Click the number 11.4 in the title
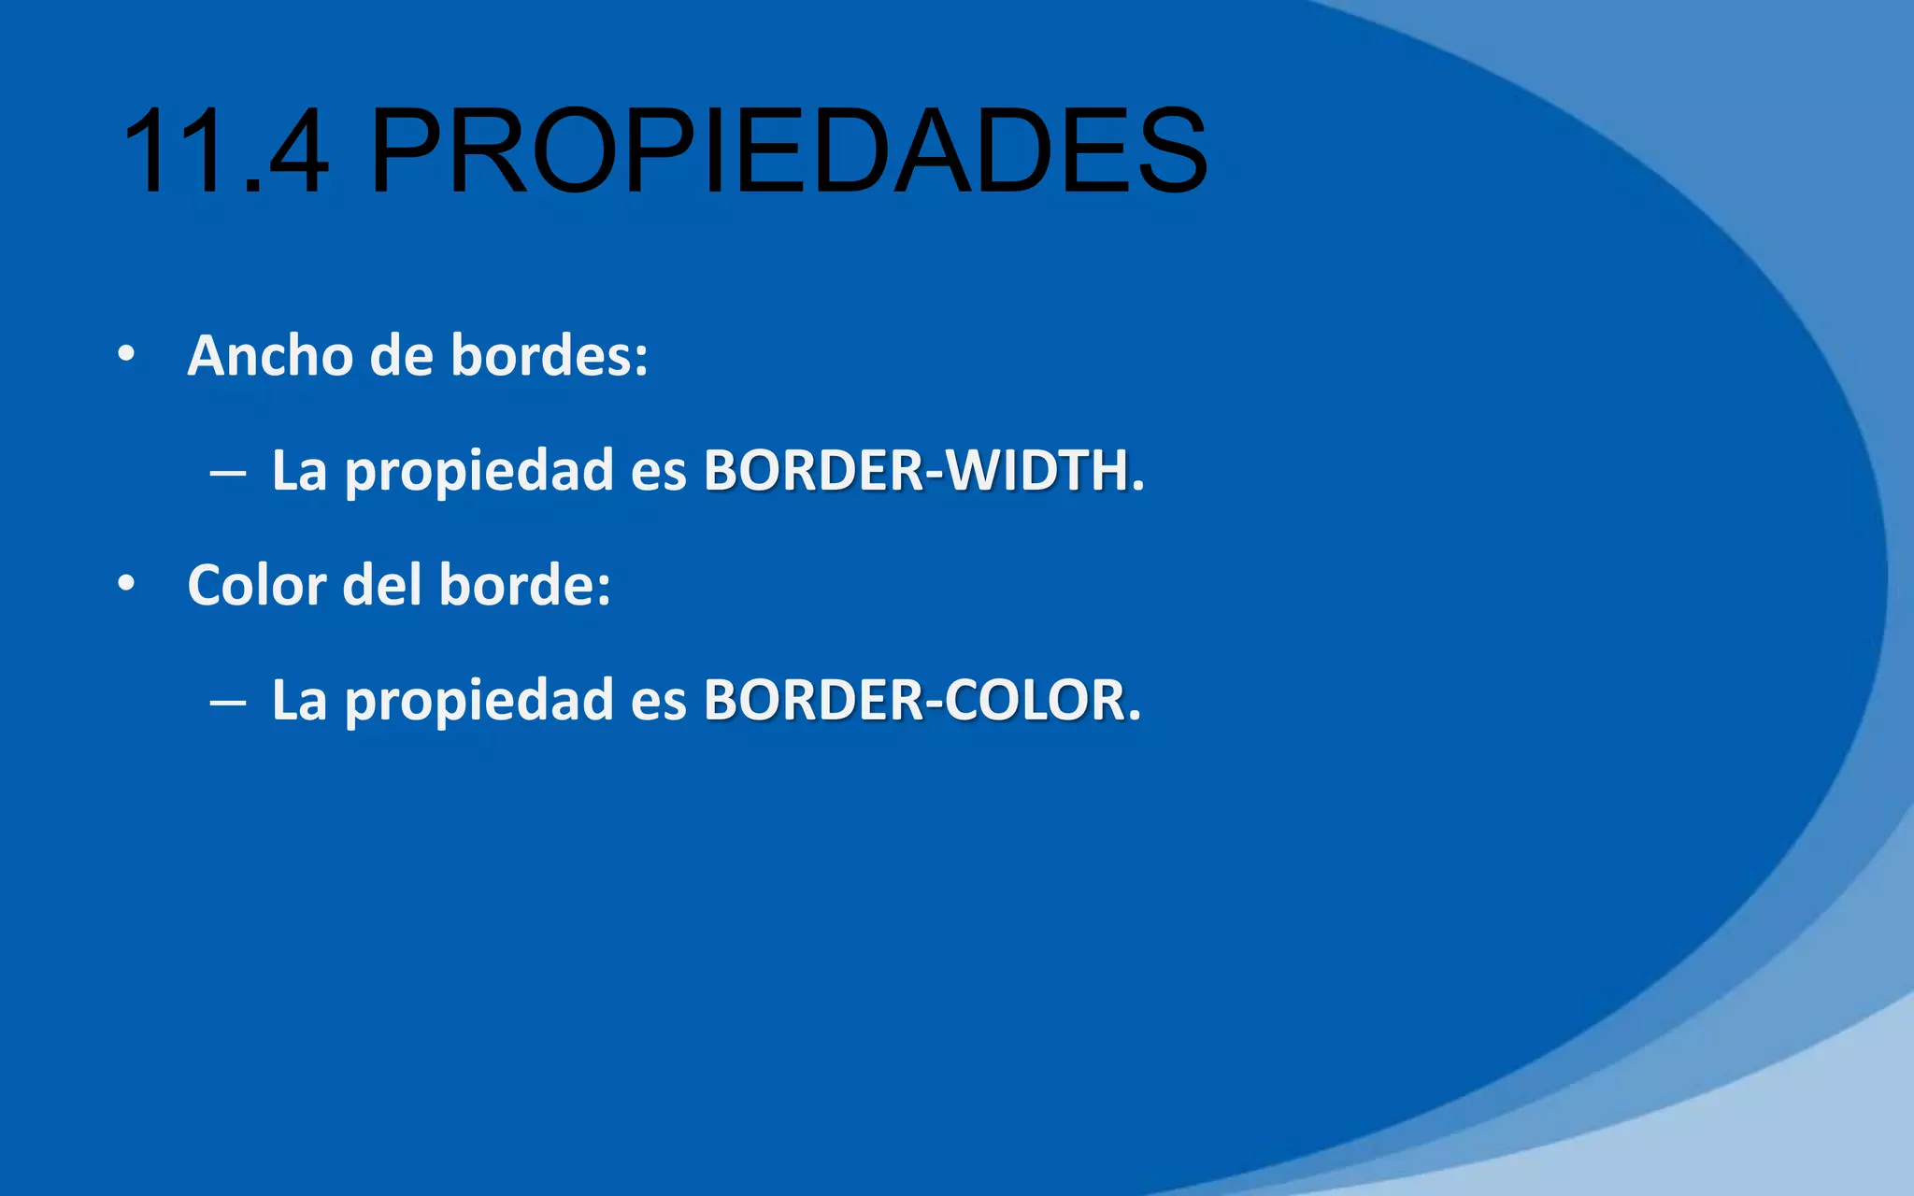pos(224,151)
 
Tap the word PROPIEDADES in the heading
pos(788,151)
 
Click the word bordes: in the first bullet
pos(550,356)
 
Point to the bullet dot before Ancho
pos(126,355)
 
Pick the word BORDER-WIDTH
pos(923,470)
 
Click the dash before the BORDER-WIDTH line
pos(228,473)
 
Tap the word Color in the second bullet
pos(256,586)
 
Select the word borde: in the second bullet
pos(524,586)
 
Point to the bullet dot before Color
pos(126,585)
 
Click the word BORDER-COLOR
pos(921,700)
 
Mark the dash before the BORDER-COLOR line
pos(228,703)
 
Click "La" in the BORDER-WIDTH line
pos(299,470)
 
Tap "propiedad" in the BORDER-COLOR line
pos(479,703)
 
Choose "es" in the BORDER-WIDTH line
pos(659,472)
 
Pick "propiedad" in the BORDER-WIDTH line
pos(479,473)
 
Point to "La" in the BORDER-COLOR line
pos(299,700)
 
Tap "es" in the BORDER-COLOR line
pos(659,702)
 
